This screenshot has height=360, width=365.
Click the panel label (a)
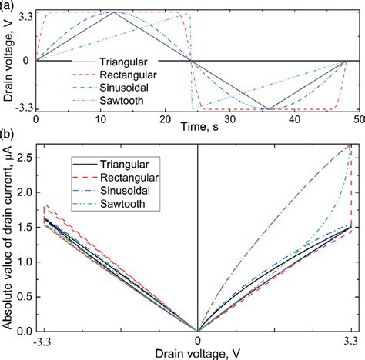click(x=8, y=6)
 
